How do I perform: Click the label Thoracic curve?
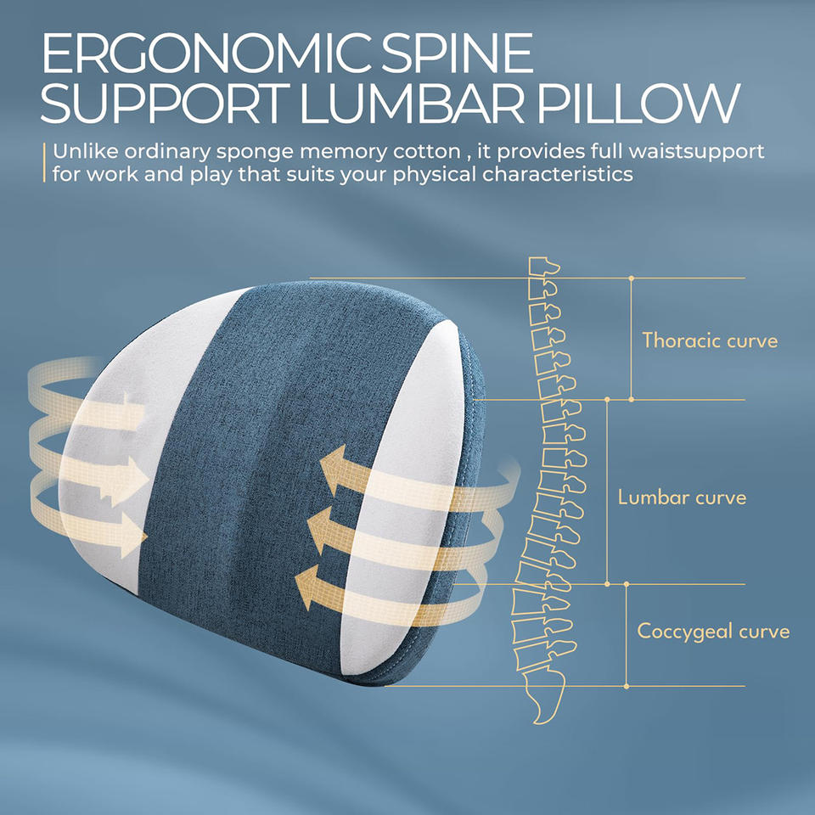point(710,341)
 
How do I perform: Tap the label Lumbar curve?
point(682,497)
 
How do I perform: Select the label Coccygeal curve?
point(713,632)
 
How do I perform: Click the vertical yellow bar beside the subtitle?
point(44,163)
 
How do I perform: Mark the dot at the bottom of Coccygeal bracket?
point(627,685)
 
